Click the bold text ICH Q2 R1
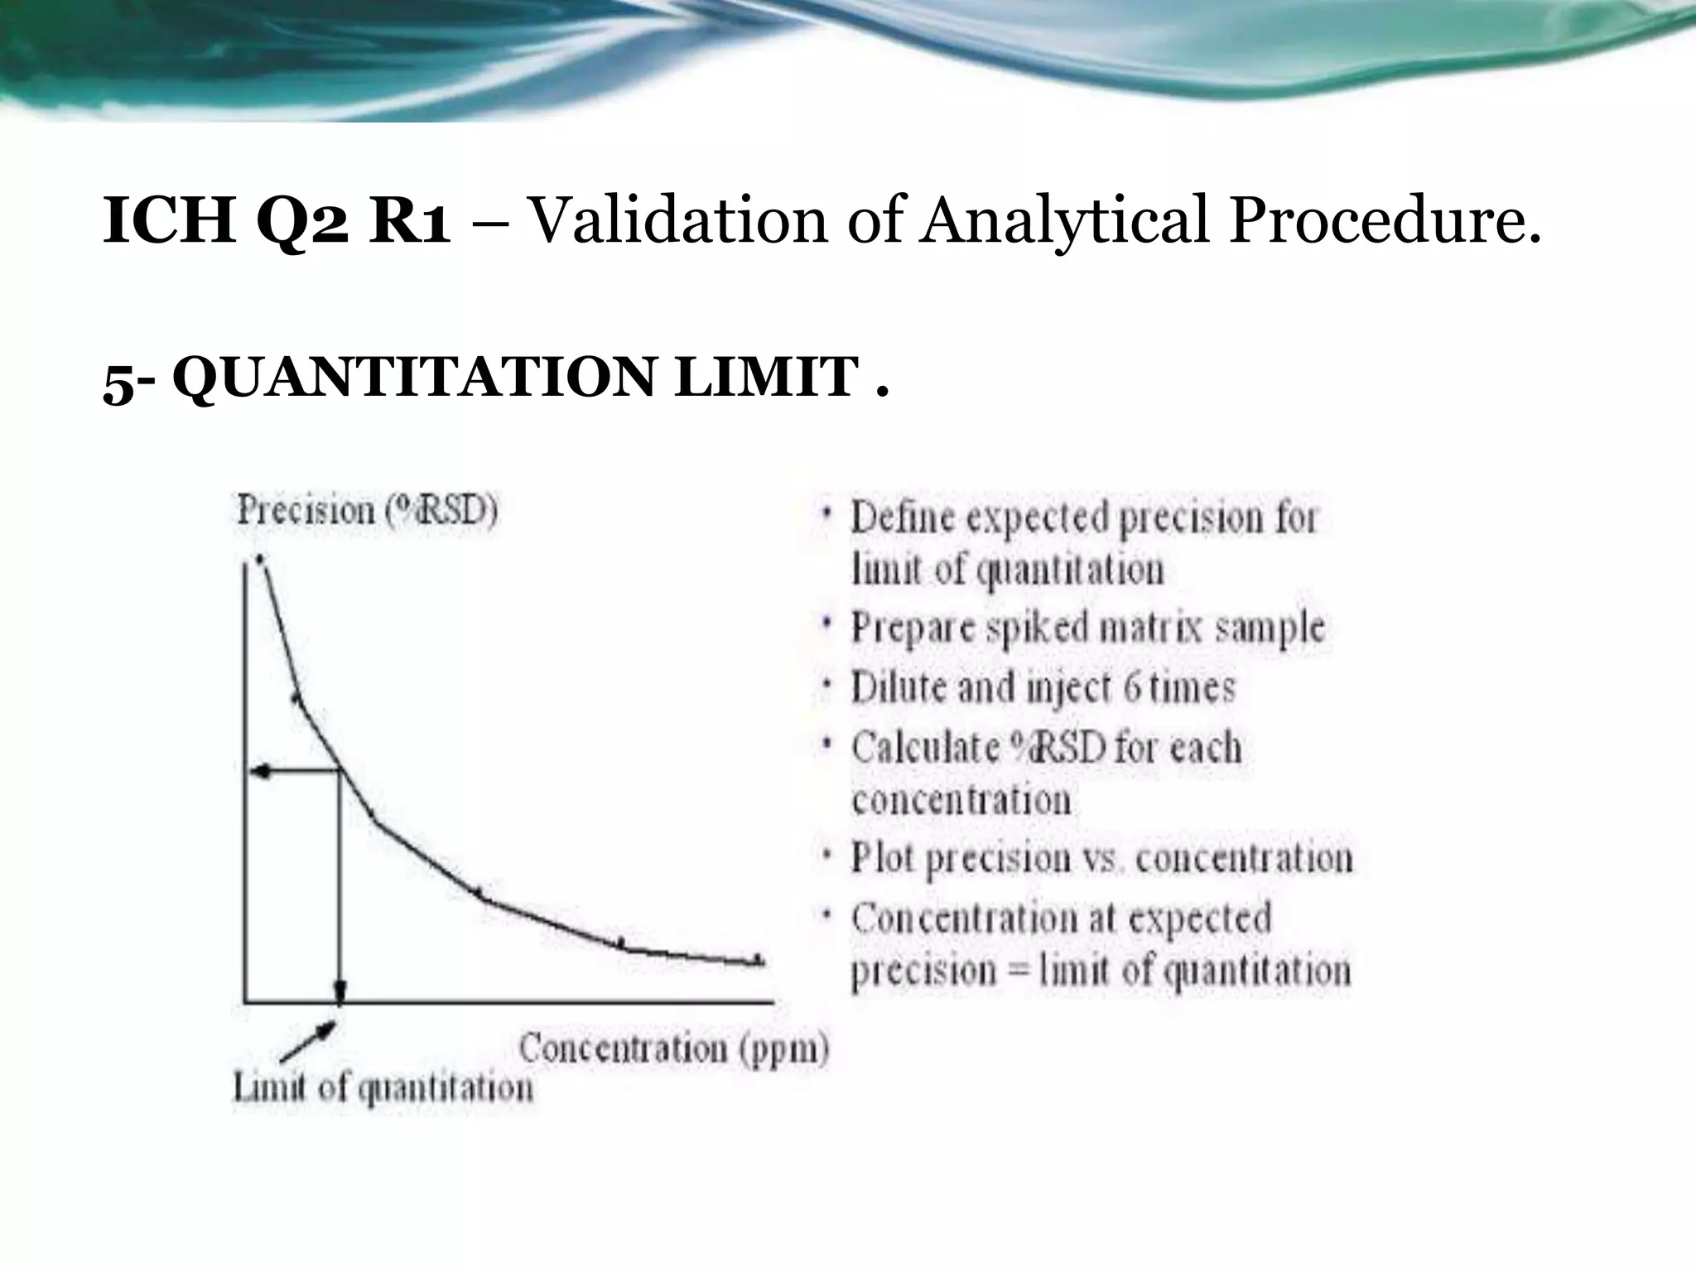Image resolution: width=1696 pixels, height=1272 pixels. pos(277,222)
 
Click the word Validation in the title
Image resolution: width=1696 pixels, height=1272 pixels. pos(677,222)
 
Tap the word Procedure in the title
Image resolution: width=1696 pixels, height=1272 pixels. pos(1383,222)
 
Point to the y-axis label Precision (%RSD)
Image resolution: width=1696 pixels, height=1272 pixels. pos(367,511)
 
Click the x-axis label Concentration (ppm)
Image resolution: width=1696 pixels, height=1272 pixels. pos(673,1049)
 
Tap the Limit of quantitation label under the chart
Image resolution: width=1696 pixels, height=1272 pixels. pos(383,1088)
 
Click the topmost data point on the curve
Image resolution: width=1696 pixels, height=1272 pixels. pos(260,560)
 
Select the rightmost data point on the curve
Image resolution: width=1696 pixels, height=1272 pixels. pos(756,960)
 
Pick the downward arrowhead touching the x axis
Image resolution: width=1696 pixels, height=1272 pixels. pos(340,991)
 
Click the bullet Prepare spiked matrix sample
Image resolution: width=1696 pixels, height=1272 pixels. pos(1087,628)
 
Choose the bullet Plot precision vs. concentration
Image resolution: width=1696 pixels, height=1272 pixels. pos(1101,858)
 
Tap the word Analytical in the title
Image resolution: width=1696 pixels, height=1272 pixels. pos(1062,222)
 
